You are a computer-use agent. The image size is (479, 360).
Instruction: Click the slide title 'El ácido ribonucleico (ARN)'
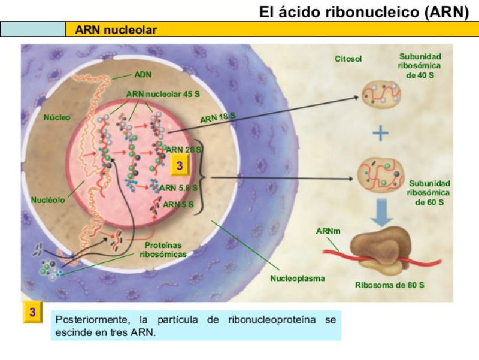click(363, 11)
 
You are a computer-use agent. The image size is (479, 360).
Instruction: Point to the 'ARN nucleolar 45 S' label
click(163, 95)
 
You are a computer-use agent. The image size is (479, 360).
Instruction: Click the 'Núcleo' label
click(57, 117)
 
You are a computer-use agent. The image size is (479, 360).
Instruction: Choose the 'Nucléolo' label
click(48, 199)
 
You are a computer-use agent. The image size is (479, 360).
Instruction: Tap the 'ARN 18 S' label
click(217, 117)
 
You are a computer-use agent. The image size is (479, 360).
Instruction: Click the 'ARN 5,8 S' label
click(178, 188)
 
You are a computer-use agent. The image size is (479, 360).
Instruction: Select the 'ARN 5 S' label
click(178, 204)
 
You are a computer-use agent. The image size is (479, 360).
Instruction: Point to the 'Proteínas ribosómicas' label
click(163, 250)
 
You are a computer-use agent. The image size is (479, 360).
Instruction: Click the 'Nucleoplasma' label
click(297, 279)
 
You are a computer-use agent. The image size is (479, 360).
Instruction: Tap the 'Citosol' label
click(348, 59)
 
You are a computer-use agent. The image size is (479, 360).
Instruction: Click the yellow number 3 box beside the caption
click(33, 313)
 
